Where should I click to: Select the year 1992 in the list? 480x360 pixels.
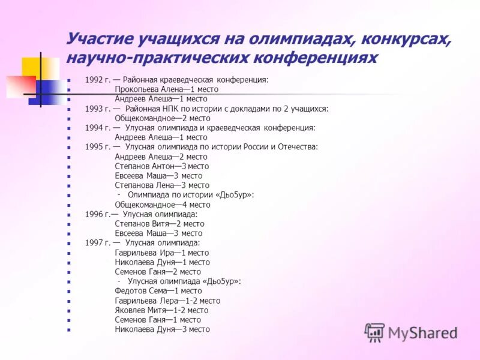[x=94, y=79]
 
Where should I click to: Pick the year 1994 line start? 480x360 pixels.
[x=94, y=128]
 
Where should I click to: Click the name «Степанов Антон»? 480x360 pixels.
[x=144, y=166]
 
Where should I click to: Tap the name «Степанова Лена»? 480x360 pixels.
[x=143, y=185]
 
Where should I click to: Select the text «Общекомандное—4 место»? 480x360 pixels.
[x=162, y=205]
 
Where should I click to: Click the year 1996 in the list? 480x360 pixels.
[x=94, y=214]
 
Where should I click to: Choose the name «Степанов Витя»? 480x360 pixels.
[x=142, y=223]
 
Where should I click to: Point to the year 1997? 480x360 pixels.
[x=94, y=243]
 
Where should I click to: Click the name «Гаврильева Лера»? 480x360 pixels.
[x=145, y=301]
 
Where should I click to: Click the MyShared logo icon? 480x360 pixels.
[x=375, y=332]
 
